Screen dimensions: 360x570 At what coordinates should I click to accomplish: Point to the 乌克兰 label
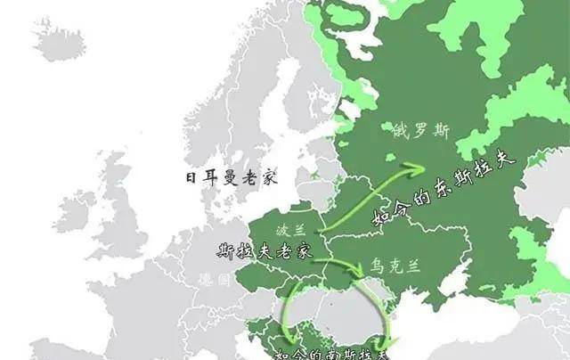[x=394, y=266]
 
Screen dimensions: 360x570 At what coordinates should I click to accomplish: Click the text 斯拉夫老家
[x=265, y=250]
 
